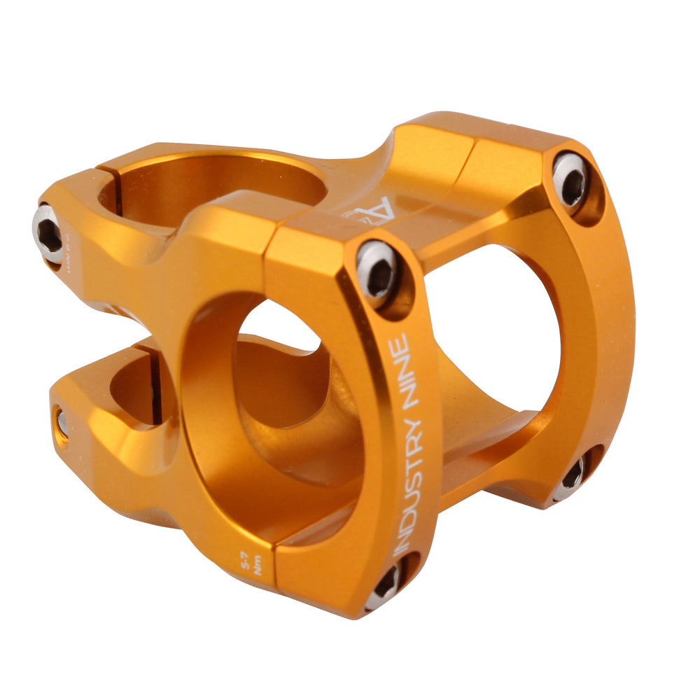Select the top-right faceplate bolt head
[570, 178]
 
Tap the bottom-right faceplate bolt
[570, 480]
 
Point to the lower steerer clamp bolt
[62, 422]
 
